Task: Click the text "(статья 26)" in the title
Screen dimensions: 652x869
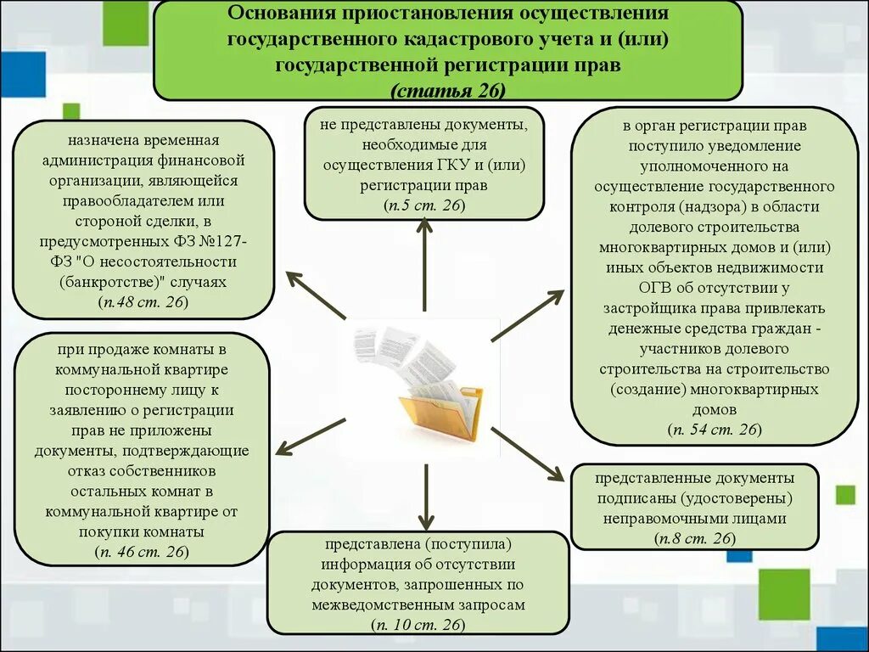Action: [448, 89]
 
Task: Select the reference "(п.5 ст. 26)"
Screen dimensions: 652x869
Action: [423, 205]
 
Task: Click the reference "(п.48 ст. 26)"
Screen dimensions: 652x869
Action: [143, 302]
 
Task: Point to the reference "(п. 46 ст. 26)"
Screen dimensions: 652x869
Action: [142, 552]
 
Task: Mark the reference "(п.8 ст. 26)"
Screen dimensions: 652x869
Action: [694, 538]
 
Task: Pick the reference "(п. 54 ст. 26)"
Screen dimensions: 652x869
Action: [714, 430]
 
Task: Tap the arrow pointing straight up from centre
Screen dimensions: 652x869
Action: [423, 263]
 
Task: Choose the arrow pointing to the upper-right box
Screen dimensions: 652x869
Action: [527, 315]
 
